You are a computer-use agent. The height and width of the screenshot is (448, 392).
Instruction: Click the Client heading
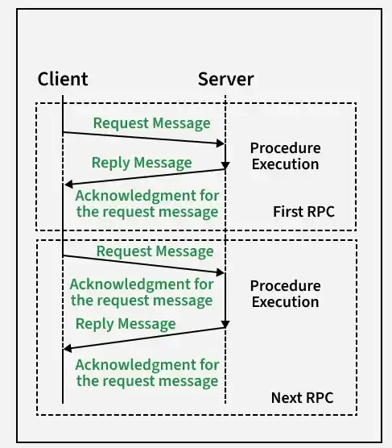point(63,79)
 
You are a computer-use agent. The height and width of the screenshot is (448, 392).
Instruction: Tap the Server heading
point(226,79)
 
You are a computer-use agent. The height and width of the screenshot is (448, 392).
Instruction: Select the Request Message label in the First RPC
point(152,123)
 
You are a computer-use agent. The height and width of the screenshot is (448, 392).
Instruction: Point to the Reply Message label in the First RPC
point(142,163)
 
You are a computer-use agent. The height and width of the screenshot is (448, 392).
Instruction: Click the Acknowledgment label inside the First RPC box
point(147,204)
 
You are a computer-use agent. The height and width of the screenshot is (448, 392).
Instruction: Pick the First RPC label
point(303,212)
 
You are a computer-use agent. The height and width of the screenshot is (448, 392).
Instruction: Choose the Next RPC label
point(303,398)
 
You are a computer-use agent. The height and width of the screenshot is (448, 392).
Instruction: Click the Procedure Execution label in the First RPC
point(286,156)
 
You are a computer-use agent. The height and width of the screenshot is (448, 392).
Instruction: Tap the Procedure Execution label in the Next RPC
point(286,294)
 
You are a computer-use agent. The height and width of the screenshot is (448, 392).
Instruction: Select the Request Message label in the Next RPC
point(155,251)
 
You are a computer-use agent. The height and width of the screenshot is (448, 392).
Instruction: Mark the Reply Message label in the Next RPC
point(126,324)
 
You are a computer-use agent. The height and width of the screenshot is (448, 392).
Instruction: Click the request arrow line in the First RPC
point(143,138)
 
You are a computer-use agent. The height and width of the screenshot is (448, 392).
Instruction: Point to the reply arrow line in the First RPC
point(145,177)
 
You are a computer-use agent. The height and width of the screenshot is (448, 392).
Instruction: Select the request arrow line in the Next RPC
point(143,264)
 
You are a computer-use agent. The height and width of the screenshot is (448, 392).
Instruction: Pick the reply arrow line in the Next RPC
point(144,338)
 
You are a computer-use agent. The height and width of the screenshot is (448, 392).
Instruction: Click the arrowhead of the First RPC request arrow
point(221,143)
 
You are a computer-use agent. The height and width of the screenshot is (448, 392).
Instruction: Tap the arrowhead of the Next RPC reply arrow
point(68,348)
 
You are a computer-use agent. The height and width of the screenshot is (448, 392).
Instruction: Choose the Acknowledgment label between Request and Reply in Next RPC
point(142,292)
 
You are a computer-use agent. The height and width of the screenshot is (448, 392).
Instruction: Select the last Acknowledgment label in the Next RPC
point(147,373)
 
